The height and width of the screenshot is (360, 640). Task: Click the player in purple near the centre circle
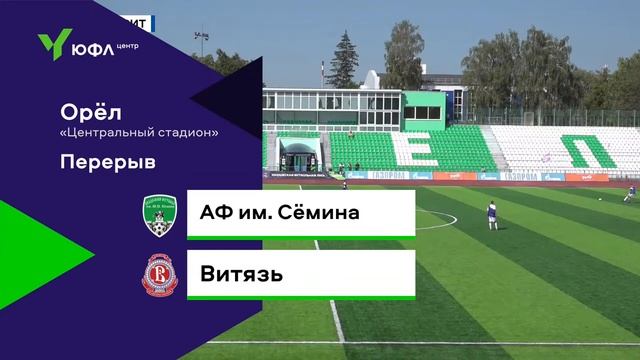click(491, 212)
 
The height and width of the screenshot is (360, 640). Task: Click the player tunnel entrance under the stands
click(300, 157)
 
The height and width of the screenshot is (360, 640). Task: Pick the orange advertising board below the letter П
click(586, 176)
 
